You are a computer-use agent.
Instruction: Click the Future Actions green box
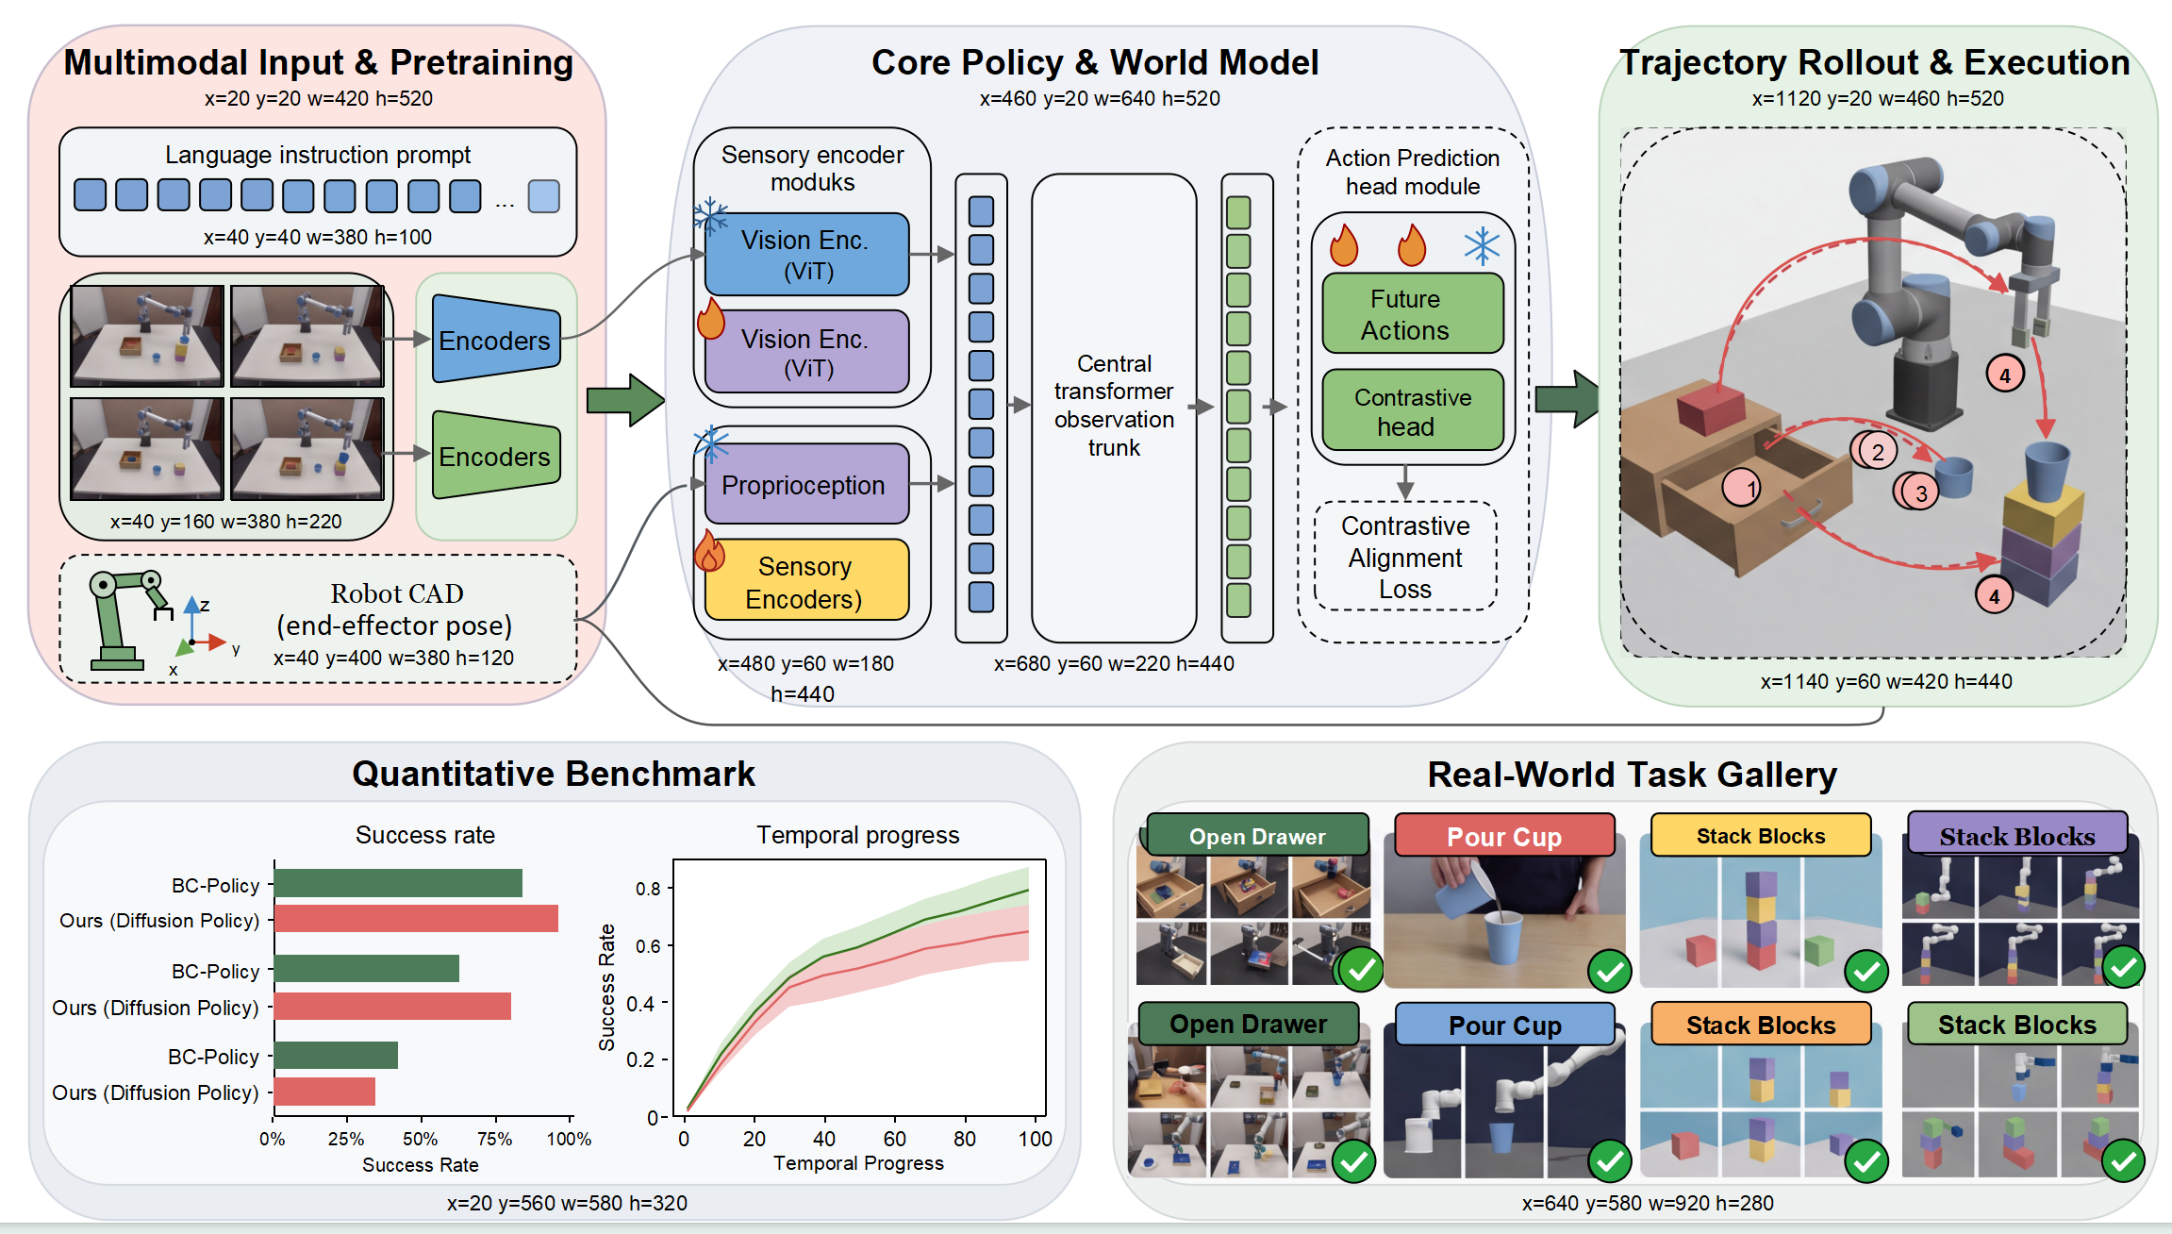1412,313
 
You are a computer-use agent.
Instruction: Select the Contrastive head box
1412,410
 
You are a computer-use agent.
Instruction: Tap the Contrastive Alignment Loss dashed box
1405,557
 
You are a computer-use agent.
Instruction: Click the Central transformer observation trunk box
1114,407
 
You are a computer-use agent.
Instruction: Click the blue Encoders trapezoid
496,340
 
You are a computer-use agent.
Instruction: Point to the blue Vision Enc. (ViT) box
806,254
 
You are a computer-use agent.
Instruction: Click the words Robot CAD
397,593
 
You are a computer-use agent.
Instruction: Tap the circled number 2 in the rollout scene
1877,451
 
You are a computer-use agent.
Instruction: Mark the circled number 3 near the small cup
1920,492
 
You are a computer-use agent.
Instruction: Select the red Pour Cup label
1504,836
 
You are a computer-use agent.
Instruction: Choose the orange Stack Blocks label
1761,1025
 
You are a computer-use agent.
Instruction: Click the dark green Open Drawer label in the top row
1257,835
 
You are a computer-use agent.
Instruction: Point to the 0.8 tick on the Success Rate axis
668,889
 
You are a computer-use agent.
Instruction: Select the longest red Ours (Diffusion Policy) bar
416,919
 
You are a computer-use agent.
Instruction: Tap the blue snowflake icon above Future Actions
1482,246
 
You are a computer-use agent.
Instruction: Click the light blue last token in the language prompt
544,196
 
